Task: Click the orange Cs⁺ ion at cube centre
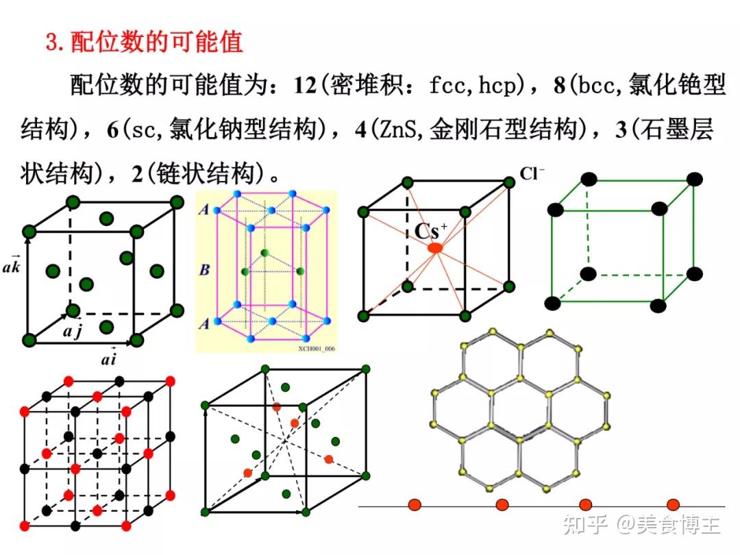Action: [x=434, y=248]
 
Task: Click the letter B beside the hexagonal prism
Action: [x=204, y=269]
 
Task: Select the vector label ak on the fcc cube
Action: [x=13, y=263]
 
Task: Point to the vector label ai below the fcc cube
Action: [x=109, y=358]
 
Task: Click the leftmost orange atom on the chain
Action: [x=415, y=505]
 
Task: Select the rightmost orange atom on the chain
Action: [x=673, y=505]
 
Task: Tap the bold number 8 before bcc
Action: [x=560, y=86]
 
